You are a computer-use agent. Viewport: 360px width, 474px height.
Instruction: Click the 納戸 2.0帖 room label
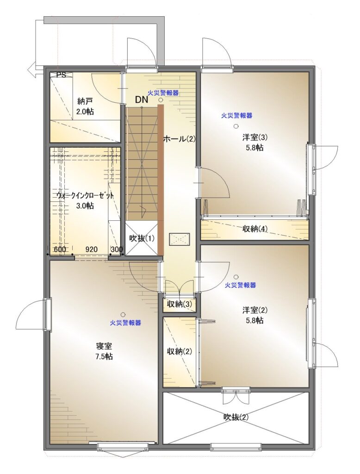pos(85,106)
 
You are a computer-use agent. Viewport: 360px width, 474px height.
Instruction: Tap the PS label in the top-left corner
pos(62,75)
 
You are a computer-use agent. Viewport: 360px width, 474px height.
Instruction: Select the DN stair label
pos(142,100)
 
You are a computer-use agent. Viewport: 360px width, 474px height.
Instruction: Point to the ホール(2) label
pos(180,139)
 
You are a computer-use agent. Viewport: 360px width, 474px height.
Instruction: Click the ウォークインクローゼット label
pos(85,196)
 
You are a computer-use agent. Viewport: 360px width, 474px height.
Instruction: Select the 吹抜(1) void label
pos(142,238)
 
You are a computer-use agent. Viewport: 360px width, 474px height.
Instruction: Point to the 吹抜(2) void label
pos(236,417)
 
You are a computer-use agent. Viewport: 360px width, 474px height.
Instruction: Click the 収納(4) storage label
pos(255,229)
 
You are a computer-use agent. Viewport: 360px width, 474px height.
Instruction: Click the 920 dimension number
pos(91,249)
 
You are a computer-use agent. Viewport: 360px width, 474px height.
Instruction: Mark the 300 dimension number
pos(117,249)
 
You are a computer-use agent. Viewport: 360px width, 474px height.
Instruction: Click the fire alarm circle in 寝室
pos(123,314)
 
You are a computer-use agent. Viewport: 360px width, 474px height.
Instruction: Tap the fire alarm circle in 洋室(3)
pos(236,126)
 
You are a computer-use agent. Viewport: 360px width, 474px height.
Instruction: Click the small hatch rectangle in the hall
pos(180,239)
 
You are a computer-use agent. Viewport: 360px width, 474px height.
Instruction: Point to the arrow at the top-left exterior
pos(36,70)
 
